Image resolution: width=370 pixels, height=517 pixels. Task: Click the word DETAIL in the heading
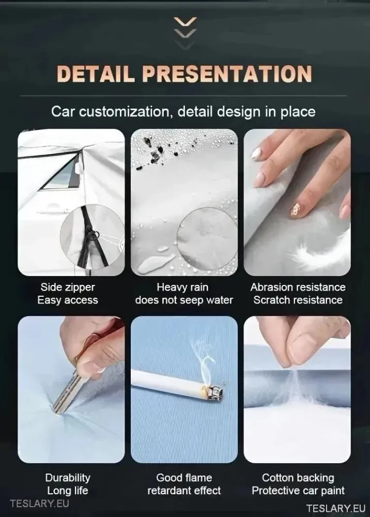[x=96, y=73]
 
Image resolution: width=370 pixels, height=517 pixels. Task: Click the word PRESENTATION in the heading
[x=227, y=73]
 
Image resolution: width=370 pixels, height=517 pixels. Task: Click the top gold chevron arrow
[x=185, y=22]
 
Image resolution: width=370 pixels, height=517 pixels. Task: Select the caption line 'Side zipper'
[x=68, y=287]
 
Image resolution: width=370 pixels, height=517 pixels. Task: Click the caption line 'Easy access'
[x=68, y=300]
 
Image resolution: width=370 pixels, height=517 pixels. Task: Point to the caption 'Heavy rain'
[x=182, y=287]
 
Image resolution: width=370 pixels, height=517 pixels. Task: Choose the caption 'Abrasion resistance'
[x=298, y=287]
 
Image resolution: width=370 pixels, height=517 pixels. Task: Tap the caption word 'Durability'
[x=68, y=478]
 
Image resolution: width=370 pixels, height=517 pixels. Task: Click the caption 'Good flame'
[x=184, y=478]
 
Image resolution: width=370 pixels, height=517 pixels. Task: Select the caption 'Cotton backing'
[x=298, y=478]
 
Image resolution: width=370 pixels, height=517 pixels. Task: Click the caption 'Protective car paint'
[x=298, y=491]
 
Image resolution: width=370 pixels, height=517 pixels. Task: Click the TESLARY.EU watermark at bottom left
[x=39, y=504]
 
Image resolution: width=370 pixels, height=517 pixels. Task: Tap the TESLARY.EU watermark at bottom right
[x=336, y=508]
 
